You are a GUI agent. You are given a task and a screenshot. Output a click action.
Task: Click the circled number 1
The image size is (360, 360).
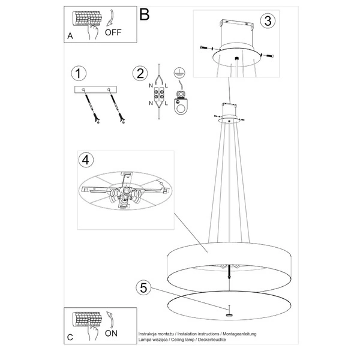coord(77,74)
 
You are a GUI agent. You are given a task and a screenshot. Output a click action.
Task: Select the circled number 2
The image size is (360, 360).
coord(139,74)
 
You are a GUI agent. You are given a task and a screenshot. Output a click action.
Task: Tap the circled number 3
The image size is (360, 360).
coord(268,20)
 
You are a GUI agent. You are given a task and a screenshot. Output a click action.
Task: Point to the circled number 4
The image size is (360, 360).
coord(86,160)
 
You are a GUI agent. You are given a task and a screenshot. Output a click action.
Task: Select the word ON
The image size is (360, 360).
coord(112,331)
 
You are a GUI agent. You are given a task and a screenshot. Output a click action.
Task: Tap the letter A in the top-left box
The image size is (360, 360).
coord(70,36)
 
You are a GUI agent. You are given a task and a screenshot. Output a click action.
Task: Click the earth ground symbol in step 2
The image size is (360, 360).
coord(178,72)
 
